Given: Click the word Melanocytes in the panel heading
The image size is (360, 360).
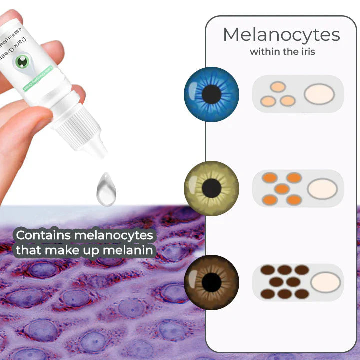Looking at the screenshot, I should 281,35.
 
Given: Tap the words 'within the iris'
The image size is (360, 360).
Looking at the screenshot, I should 282,51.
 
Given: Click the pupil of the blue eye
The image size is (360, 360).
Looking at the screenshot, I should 212,94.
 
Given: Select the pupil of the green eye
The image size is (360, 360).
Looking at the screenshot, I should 212,188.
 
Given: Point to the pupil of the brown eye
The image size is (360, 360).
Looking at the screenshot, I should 212,282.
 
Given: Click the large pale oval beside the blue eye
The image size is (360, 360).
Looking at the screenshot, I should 319,94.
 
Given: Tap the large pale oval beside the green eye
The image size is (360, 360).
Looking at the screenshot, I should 322,189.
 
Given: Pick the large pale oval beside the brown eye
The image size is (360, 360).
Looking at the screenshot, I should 325,282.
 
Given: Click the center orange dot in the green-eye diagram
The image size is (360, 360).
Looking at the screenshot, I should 282,189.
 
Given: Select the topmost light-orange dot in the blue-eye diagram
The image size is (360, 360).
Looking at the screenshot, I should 278,87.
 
